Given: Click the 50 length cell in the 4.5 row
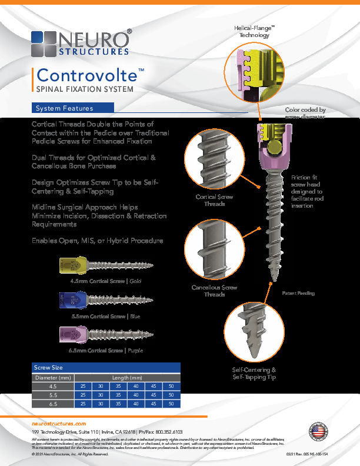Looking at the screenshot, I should coord(171,386).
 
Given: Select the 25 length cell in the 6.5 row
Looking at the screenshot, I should coord(82,404).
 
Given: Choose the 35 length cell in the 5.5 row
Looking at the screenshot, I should coord(118,395).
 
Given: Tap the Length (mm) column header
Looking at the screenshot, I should coord(127,377).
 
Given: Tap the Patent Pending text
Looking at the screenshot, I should coord(298,292).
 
